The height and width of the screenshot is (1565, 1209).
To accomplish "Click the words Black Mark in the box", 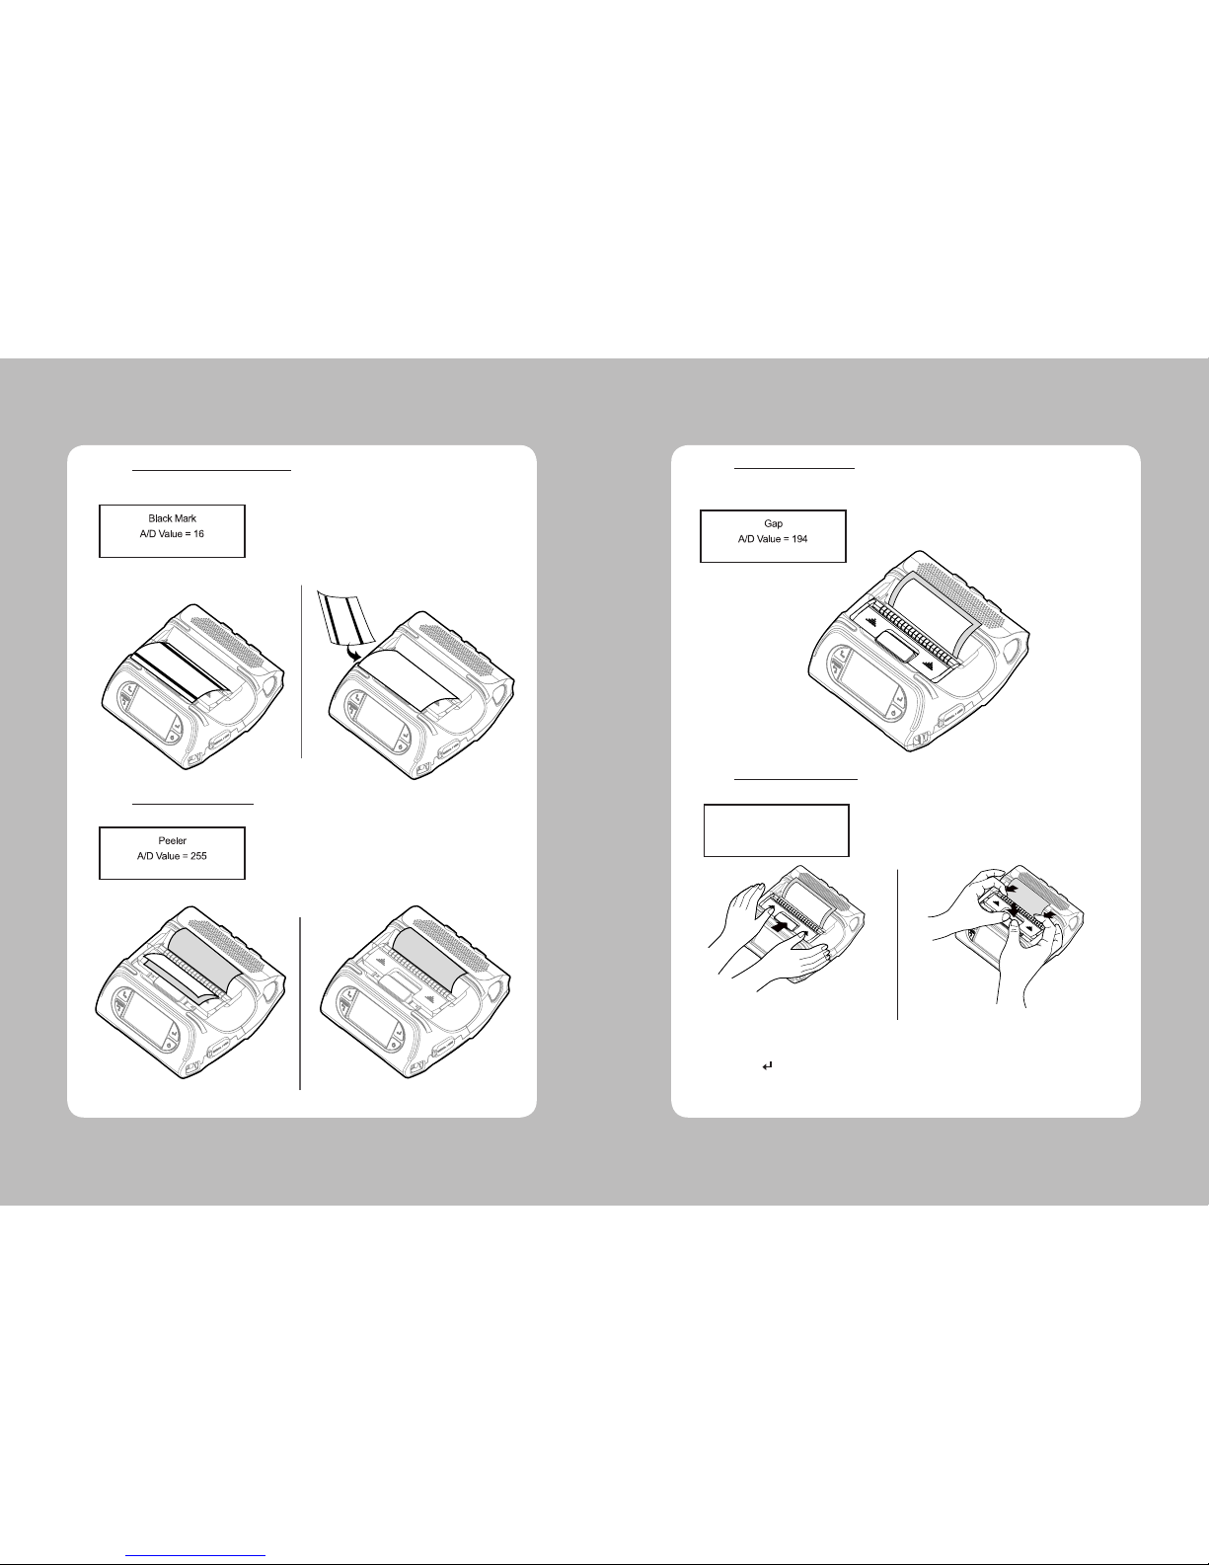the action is (172, 518).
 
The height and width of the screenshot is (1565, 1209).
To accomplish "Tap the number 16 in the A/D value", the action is (198, 533).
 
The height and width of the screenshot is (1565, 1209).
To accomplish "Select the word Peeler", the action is (172, 840).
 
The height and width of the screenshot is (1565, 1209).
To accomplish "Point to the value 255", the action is (198, 856).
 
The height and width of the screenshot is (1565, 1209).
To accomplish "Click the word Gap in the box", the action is (773, 523).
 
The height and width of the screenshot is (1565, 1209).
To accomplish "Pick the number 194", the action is (799, 539).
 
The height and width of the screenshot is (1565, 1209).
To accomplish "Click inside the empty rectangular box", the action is (777, 830).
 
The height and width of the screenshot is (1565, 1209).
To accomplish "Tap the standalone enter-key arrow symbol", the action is (767, 1066).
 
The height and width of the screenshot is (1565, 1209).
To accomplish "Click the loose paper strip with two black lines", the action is (345, 616).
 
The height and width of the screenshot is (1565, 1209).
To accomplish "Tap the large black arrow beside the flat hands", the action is (780, 925).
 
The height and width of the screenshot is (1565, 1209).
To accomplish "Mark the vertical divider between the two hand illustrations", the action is (897, 944).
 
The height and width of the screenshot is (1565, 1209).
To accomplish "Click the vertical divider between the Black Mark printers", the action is (302, 671).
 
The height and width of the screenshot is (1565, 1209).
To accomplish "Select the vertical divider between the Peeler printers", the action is (300, 1002).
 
